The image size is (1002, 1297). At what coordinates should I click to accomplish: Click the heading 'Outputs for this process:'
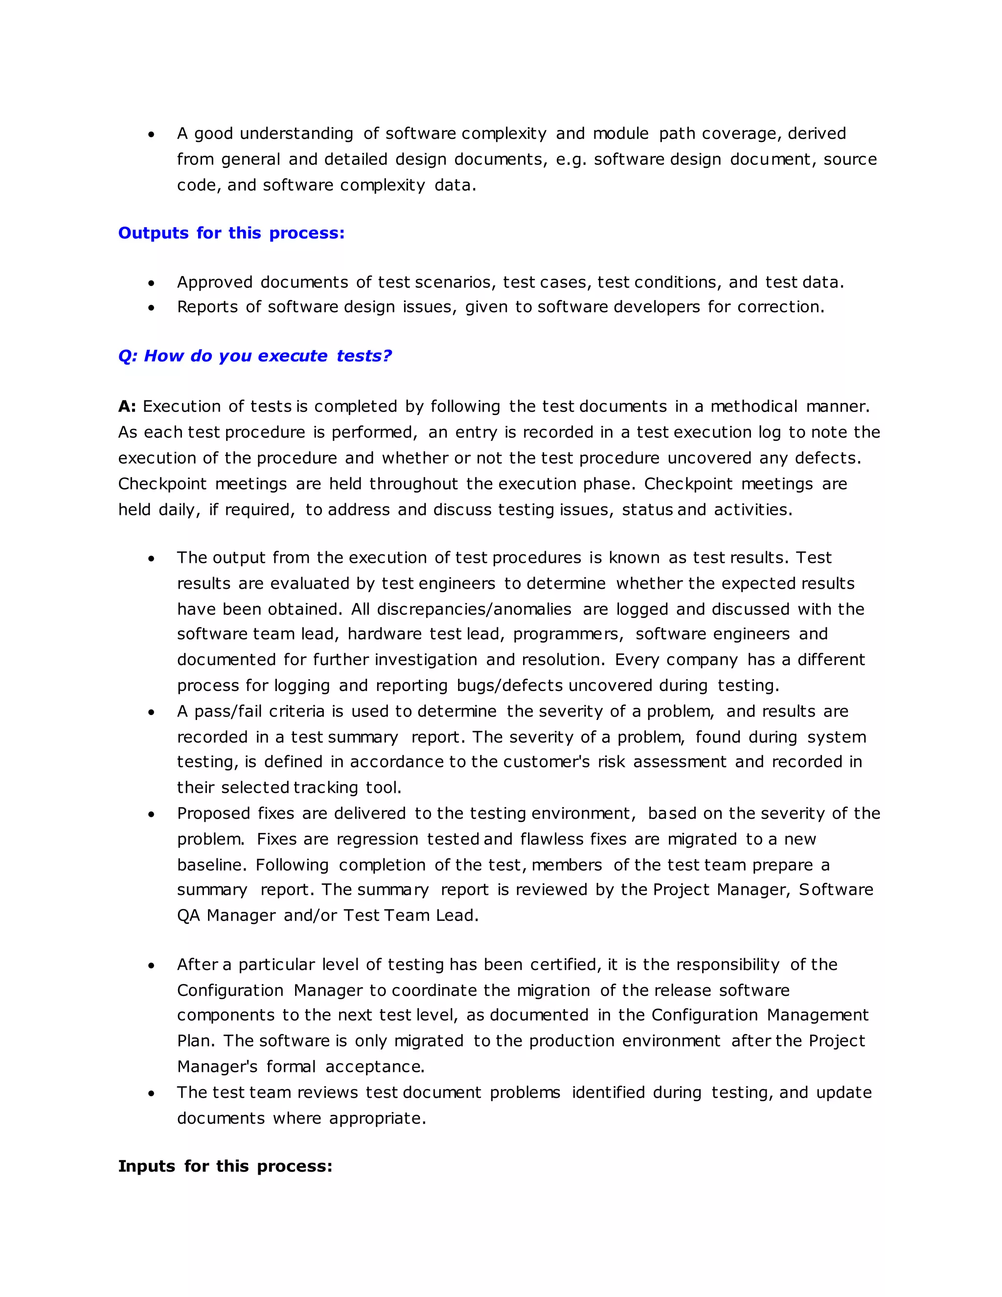click(231, 233)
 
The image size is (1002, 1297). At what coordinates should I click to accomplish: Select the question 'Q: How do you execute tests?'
click(254, 356)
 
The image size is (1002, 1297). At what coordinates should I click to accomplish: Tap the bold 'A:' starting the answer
click(127, 406)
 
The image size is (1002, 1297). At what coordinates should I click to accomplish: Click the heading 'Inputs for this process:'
click(225, 1166)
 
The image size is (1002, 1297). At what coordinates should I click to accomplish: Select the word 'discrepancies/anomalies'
click(474, 609)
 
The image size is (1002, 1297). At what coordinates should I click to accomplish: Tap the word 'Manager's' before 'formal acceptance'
click(217, 1066)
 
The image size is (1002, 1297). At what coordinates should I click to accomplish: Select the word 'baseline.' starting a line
click(211, 865)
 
